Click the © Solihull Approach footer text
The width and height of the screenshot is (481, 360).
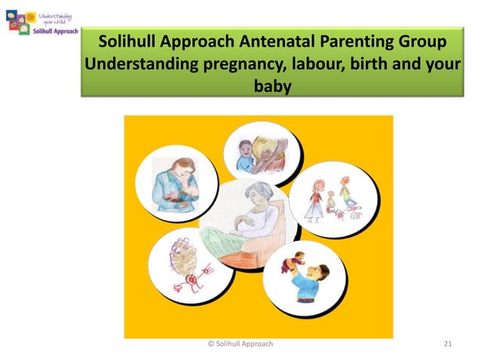[x=240, y=344]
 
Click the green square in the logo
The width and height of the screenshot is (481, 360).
[x=23, y=29]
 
